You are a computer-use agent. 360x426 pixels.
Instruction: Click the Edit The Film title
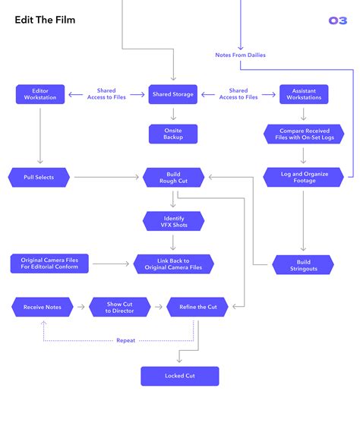(44, 21)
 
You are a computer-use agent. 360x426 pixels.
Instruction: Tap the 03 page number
(337, 21)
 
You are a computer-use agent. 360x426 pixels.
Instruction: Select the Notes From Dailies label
(240, 55)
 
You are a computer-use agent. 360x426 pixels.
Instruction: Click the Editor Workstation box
(40, 94)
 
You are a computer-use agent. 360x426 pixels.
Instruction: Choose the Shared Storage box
(172, 94)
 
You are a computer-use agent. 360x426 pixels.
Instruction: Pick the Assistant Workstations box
(304, 94)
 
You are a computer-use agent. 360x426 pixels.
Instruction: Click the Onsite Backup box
(172, 134)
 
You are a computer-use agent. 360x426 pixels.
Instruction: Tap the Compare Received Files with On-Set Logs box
(303, 134)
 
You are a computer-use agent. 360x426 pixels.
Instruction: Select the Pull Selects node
(40, 178)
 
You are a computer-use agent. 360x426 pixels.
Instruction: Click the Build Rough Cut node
(172, 178)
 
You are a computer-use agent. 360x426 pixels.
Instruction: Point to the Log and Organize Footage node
(303, 178)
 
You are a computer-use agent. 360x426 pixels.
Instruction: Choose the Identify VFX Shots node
(172, 221)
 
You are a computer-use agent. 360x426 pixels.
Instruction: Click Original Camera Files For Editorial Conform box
(50, 264)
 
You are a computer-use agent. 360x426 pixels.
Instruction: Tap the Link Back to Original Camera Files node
(173, 264)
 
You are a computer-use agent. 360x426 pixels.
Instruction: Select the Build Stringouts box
(303, 264)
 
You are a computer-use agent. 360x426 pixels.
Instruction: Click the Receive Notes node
(42, 307)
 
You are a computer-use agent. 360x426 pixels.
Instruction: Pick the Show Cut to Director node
(119, 307)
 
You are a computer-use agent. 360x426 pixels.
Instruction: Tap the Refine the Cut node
(197, 307)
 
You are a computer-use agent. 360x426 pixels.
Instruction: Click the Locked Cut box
(180, 376)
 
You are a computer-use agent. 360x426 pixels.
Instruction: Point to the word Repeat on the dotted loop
(126, 341)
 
